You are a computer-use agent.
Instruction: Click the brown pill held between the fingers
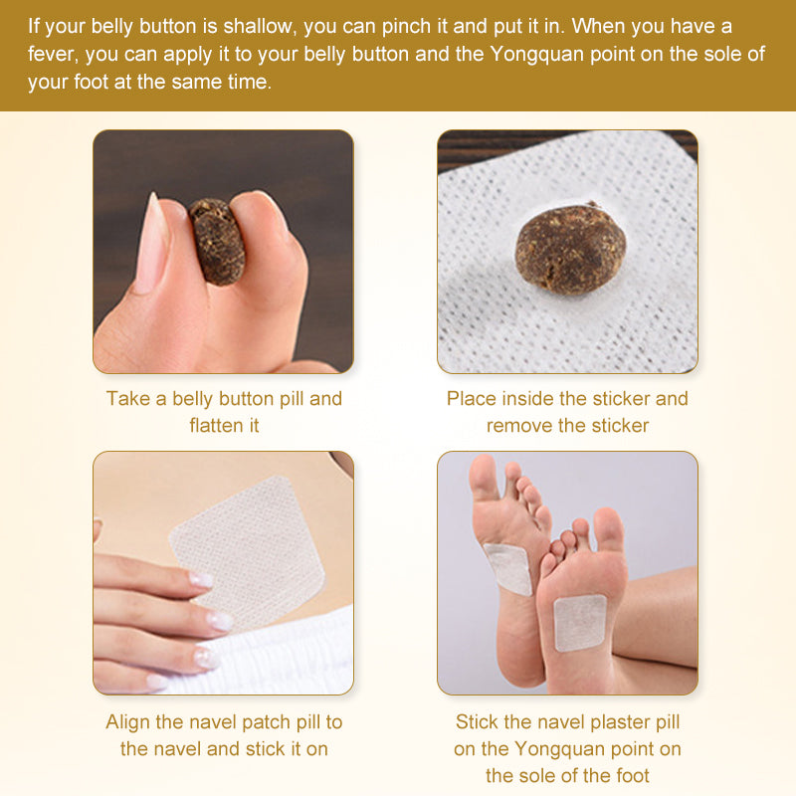click(217, 241)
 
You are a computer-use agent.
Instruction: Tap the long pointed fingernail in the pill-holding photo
click(152, 243)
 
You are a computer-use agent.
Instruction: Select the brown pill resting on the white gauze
click(570, 248)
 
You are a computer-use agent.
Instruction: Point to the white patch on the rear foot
click(507, 568)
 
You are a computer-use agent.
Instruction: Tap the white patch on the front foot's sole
click(580, 622)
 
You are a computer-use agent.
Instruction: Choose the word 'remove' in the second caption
click(520, 425)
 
